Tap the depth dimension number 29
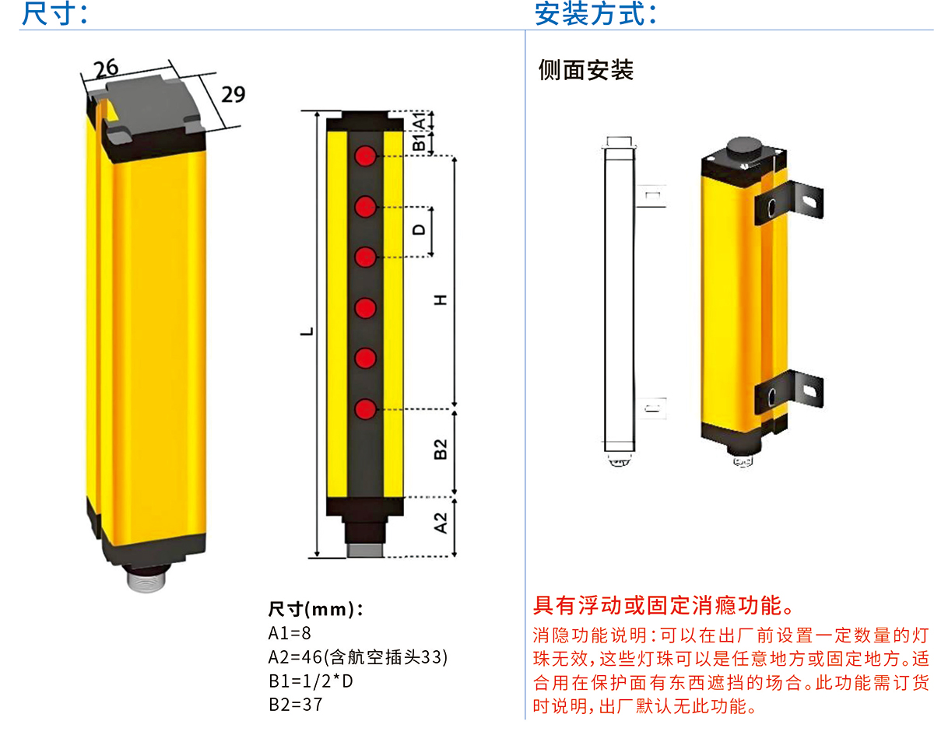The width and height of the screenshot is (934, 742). pos(233,94)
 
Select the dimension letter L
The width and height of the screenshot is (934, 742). pos(309,331)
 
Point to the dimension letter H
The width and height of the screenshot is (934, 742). pos(441,300)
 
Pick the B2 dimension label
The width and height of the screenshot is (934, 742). pos(441,449)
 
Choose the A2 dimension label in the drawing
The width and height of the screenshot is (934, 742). pos(441,523)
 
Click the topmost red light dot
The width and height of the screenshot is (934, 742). pos(366,156)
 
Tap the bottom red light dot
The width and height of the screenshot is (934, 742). pos(366,408)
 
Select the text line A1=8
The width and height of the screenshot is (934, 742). pos(290,633)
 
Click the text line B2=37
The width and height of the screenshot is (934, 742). pos(295,705)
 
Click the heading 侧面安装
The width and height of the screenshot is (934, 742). pos(586,71)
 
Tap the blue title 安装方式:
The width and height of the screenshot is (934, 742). pos(595,14)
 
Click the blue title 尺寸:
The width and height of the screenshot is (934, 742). pos(54,14)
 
